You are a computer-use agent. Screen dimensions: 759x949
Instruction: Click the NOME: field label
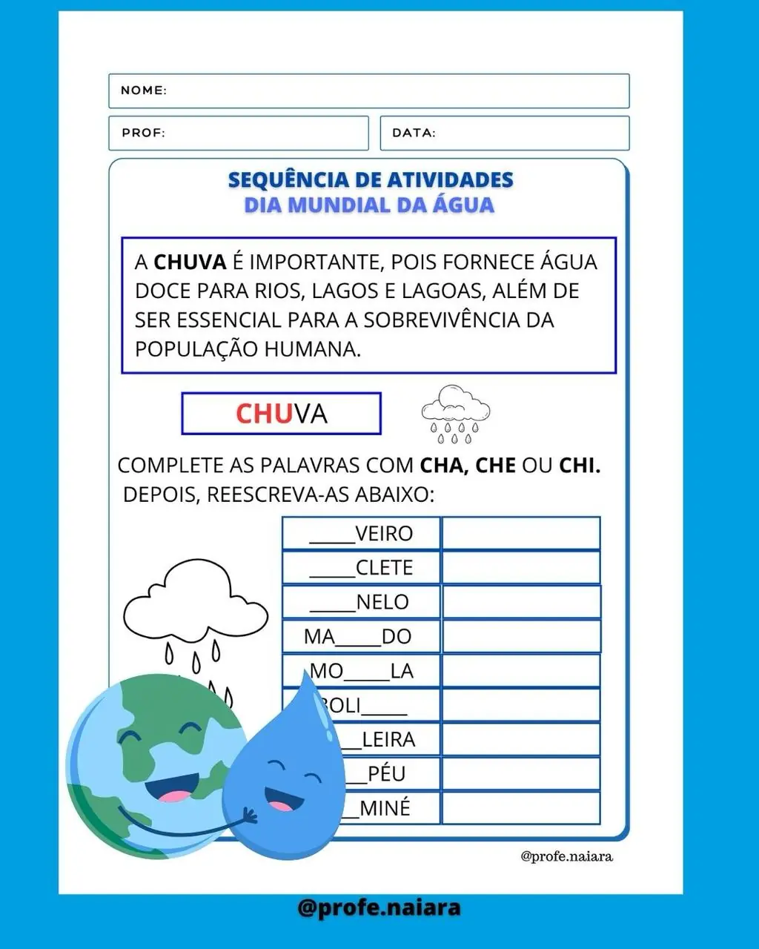pos(144,90)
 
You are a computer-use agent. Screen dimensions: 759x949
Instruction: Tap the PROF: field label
pos(143,133)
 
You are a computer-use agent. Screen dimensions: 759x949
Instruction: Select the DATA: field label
pos(414,133)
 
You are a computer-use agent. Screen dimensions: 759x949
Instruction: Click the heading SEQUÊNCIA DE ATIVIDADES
pos(370,180)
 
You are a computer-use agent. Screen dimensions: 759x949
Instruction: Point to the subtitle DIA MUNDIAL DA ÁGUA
pos(369,205)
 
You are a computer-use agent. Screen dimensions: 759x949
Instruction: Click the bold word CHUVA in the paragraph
pos(190,262)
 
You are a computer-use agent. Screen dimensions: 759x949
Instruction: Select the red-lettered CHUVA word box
pos(281,414)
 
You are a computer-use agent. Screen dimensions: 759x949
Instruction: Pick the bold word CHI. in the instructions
pos(580,466)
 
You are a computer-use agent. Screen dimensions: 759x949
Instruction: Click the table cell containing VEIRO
pos(361,534)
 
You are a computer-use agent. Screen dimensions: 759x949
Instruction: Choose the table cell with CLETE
pos(361,568)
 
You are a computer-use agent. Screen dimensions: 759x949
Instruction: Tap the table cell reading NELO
pos(361,602)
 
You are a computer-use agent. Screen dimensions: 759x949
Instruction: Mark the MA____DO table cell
pos(361,636)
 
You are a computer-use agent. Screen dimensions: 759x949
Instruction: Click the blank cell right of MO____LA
pos(520,671)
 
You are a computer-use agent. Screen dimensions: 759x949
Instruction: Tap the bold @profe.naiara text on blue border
pos(379,907)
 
